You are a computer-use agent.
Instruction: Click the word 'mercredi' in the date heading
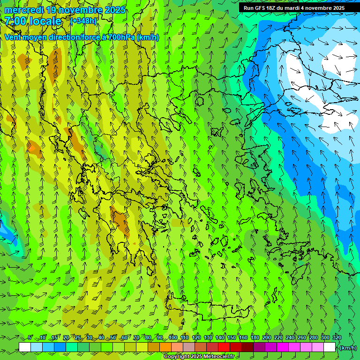tap(24, 10)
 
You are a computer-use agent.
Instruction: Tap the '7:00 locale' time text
tap(33, 21)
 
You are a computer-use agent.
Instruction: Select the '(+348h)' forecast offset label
tap(83, 21)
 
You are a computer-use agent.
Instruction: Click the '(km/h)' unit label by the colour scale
tap(348, 348)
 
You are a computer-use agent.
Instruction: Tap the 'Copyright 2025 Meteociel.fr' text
tap(199, 357)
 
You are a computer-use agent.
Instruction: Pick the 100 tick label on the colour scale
tap(173, 337)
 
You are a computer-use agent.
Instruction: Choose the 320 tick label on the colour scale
tap(337, 337)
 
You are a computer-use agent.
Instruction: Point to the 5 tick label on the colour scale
tap(30, 337)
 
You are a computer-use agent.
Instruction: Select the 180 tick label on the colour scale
tap(255, 337)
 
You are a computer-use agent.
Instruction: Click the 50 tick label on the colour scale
tap(112, 337)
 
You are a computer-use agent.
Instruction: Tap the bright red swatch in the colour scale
tap(224, 347)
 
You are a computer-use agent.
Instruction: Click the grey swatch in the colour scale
tap(189, 347)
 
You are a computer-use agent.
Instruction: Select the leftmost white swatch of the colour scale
tap(25, 347)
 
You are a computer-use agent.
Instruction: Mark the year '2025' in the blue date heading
tap(115, 10)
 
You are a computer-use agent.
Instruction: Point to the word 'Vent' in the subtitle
tap(14, 37)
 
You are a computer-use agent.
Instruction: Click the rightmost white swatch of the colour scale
tap(330, 347)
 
